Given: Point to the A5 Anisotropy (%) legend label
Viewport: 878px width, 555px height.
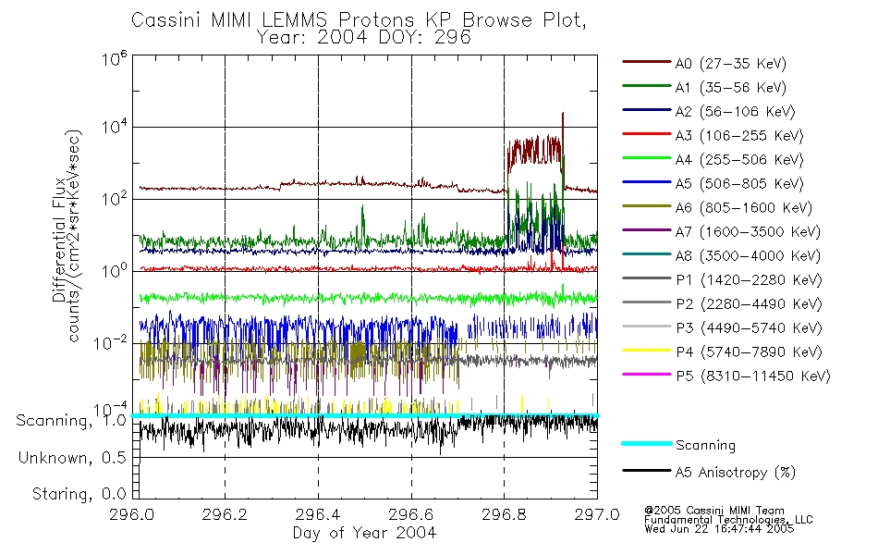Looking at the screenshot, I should pyautogui.click(x=735, y=473).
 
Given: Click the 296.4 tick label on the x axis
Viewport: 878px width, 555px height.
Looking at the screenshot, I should pyautogui.click(x=318, y=513).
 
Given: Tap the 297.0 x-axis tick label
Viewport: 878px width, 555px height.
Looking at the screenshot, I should pyautogui.click(x=596, y=513).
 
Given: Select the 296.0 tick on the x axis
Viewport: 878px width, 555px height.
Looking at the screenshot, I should pyautogui.click(x=134, y=513).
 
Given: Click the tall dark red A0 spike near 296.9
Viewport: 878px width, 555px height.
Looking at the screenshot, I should pyautogui.click(x=562, y=116).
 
